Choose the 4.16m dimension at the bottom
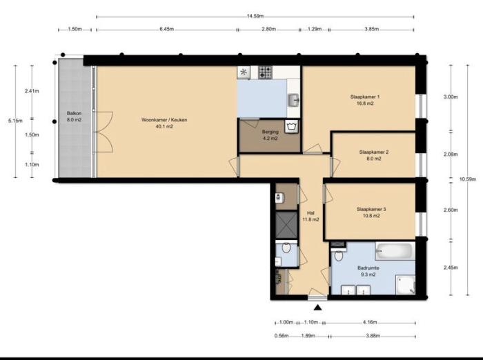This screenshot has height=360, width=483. point(371,322)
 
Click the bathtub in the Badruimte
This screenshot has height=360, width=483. point(393,250)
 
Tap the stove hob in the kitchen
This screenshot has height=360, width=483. point(267,72)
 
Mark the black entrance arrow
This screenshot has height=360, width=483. point(317,307)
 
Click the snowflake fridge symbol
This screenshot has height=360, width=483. point(244,72)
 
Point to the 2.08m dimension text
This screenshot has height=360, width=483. point(451,154)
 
